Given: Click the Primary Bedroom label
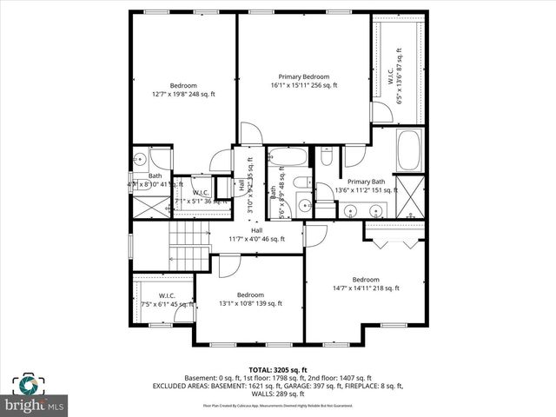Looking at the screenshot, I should point(303,80).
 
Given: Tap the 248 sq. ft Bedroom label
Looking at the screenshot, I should point(182,89).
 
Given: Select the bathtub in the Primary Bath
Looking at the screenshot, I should point(409,152).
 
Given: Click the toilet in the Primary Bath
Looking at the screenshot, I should point(327,156).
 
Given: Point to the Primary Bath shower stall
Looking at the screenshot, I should point(409,197).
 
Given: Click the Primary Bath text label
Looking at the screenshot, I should point(366,182).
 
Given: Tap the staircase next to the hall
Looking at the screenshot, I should point(189,246).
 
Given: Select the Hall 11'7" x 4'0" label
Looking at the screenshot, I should point(256,235).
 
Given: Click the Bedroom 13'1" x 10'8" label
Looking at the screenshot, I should point(250,299).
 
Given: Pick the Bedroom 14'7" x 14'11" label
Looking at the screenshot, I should point(365,283).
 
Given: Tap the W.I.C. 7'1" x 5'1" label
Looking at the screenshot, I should point(200,197).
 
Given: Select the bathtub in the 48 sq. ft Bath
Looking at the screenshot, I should point(288,159).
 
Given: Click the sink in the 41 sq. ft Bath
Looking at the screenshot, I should point(139,160).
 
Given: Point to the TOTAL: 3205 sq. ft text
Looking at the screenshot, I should point(278,369).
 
